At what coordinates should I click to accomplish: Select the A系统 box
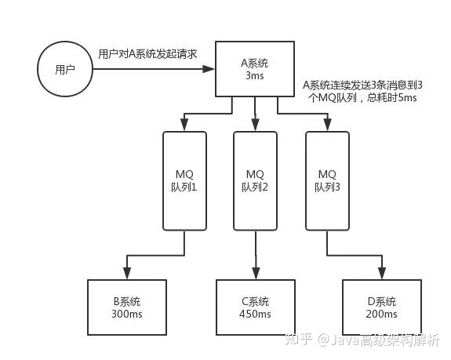click(256, 67)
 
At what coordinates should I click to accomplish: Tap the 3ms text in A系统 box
click(256, 75)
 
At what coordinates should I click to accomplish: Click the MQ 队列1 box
click(184, 180)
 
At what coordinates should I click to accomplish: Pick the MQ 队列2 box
click(255, 180)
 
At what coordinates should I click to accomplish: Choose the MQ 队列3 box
click(326, 180)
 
